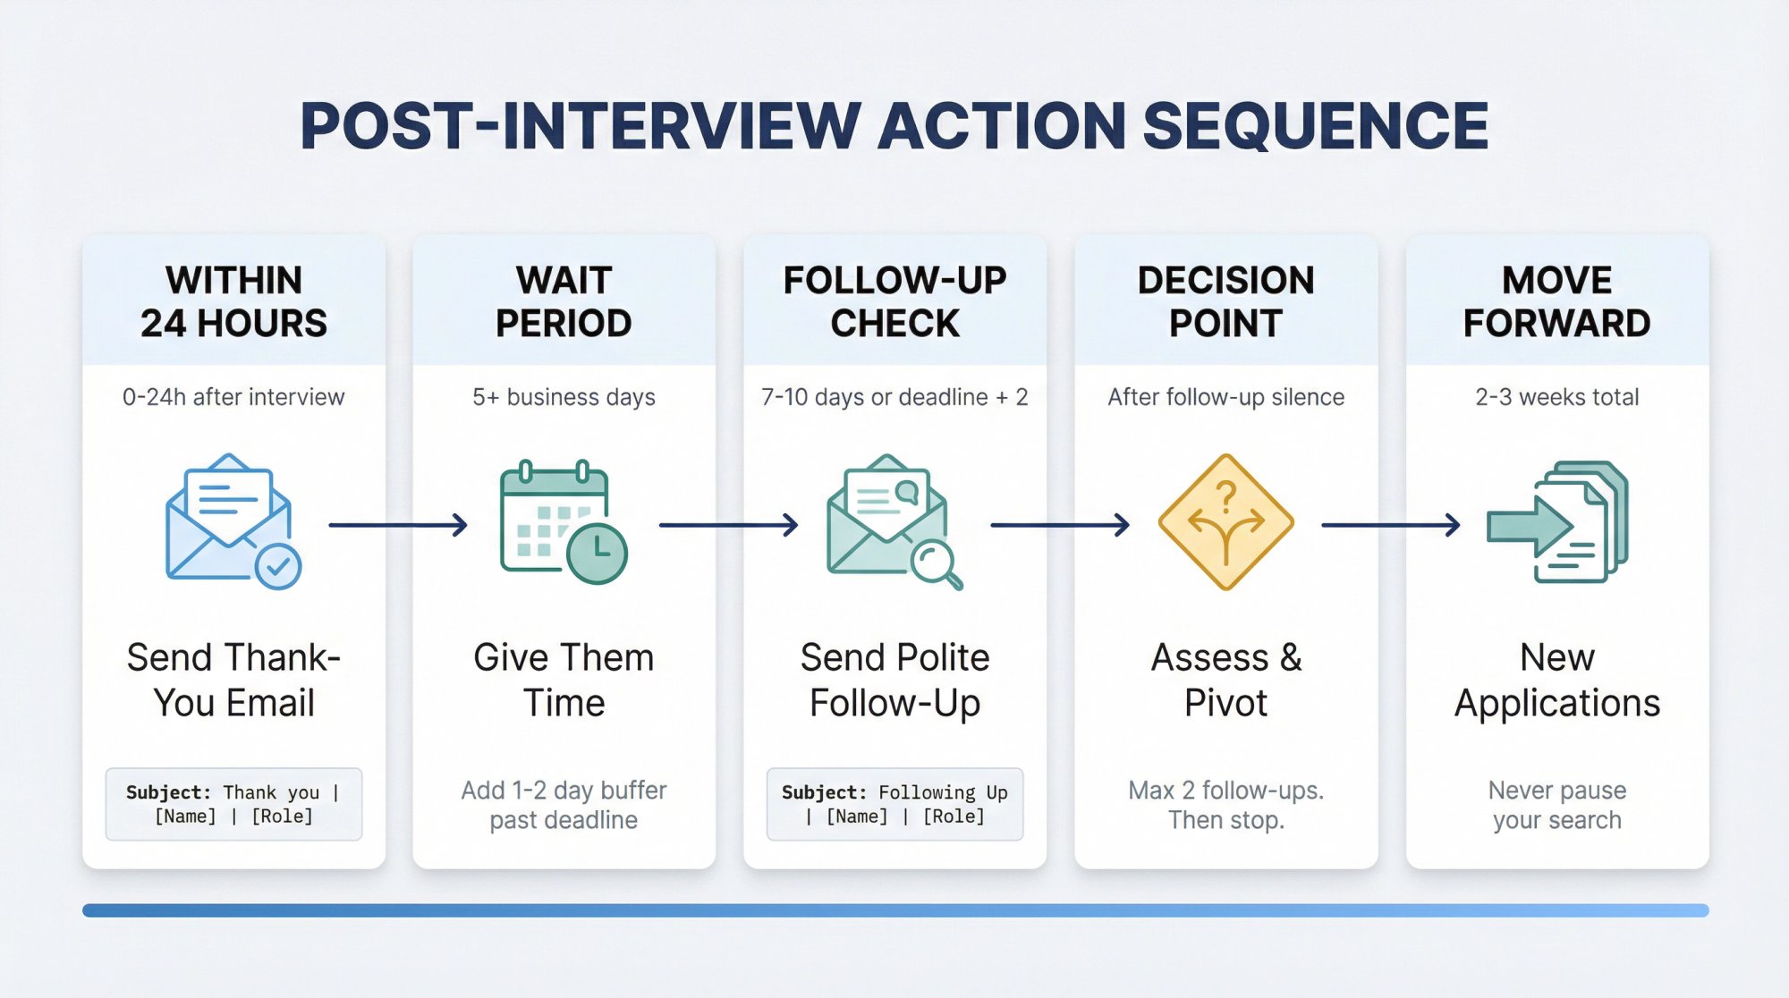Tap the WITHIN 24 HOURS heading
pyautogui.click(x=233, y=301)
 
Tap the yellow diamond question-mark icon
pyautogui.click(x=1225, y=521)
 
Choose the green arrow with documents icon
pyautogui.click(x=1557, y=522)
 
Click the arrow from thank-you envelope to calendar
pyautogui.click(x=398, y=525)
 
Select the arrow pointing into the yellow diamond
pyautogui.click(x=1060, y=525)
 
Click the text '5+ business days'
pyautogui.click(x=564, y=397)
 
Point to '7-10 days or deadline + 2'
pyautogui.click(x=894, y=397)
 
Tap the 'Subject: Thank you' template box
pyautogui.click(x=233, y=804)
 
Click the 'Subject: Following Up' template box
pyautogui.click(x=894, y=804)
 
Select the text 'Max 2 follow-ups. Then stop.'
pyautogui.click(x=1225, y=805)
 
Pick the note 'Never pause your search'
pyautogui.click(x=1556, y=805)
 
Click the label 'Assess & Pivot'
pyautogui.click(x=1225, y=680)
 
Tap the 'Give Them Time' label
pyautogui.click(x=564, y=680)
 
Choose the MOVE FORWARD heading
pyautogui.click(x=1556, y=301)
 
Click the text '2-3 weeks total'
pyautogui.click(x=1556, y=397)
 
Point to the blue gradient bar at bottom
pyautogui.click(x=894, y=910)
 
